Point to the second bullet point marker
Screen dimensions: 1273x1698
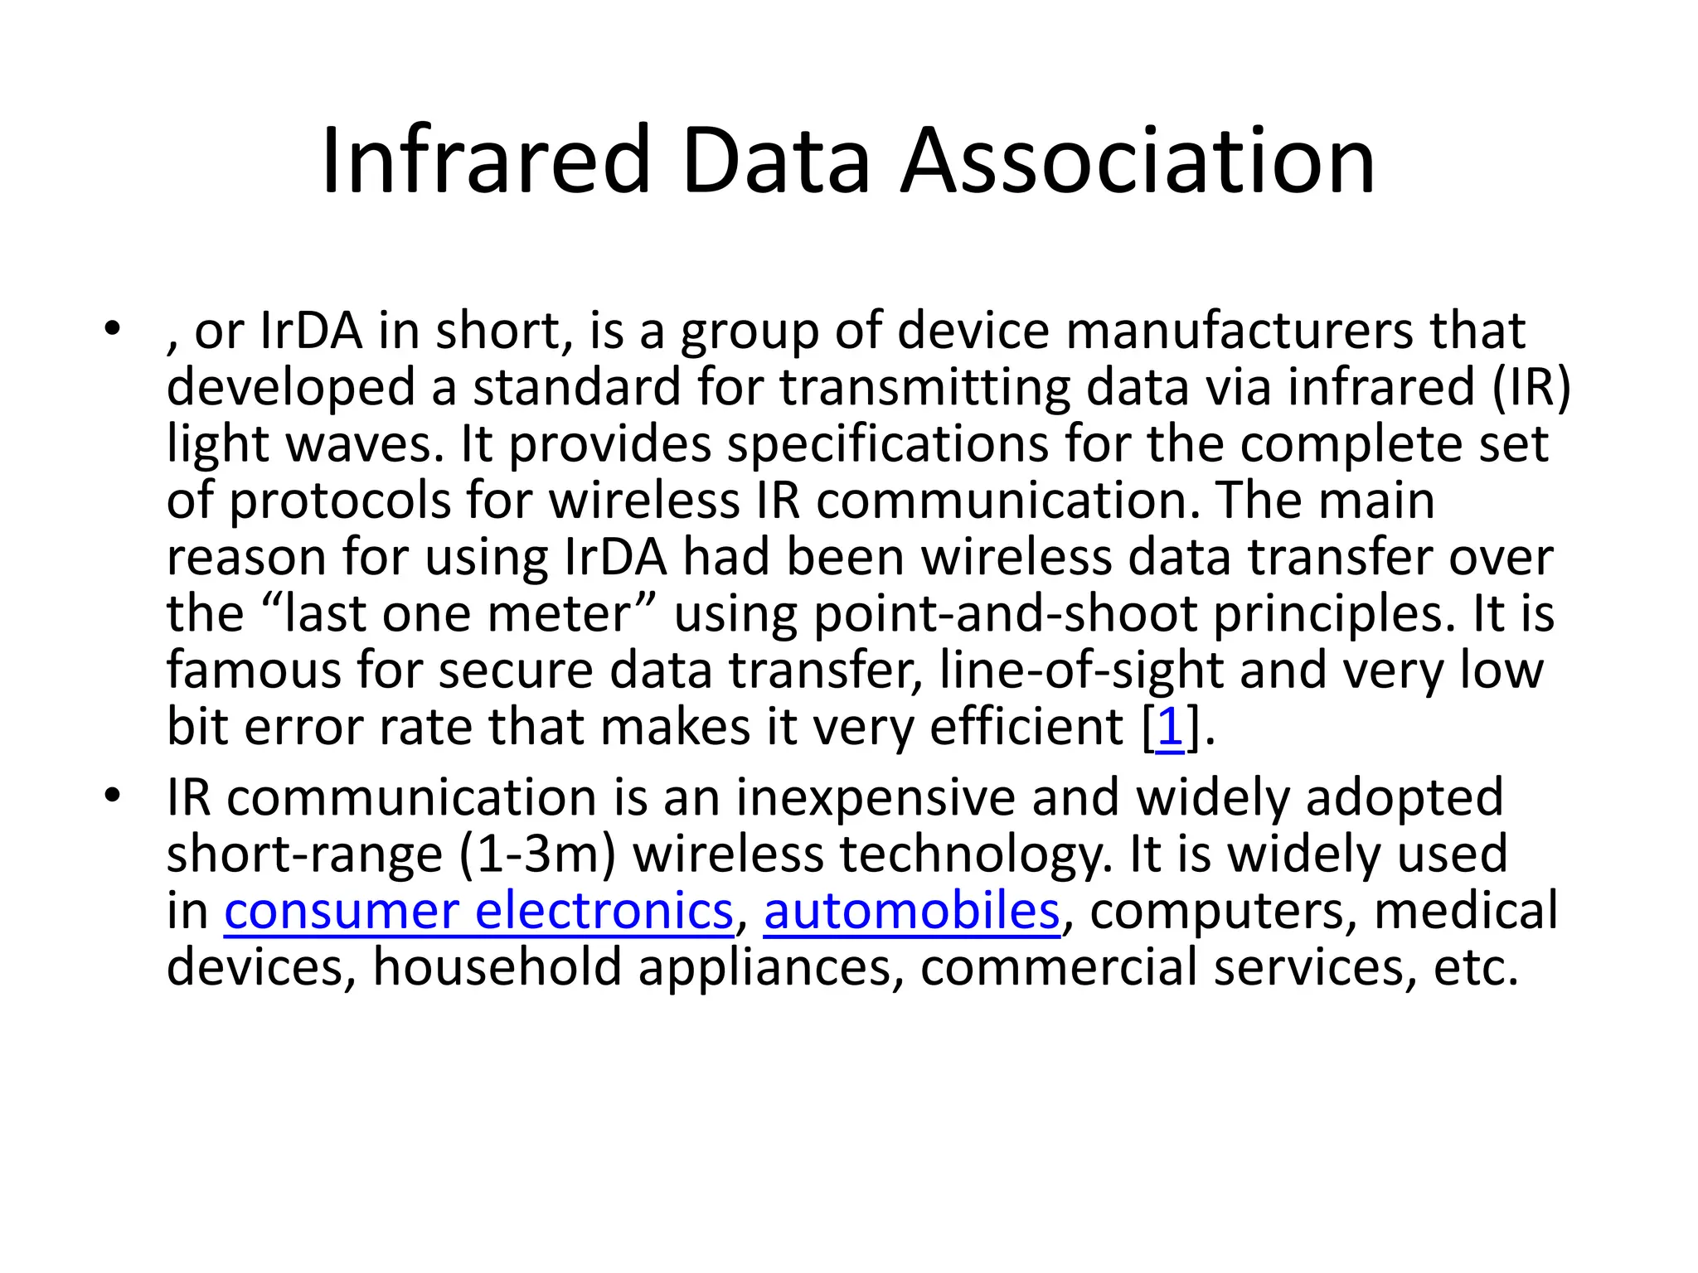click(x=112, y=796)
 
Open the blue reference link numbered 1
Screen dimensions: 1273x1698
click(x=1169, y=726)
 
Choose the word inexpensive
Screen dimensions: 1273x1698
click(x=876, y=797)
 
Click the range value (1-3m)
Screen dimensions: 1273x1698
click(x=537, y=854)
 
